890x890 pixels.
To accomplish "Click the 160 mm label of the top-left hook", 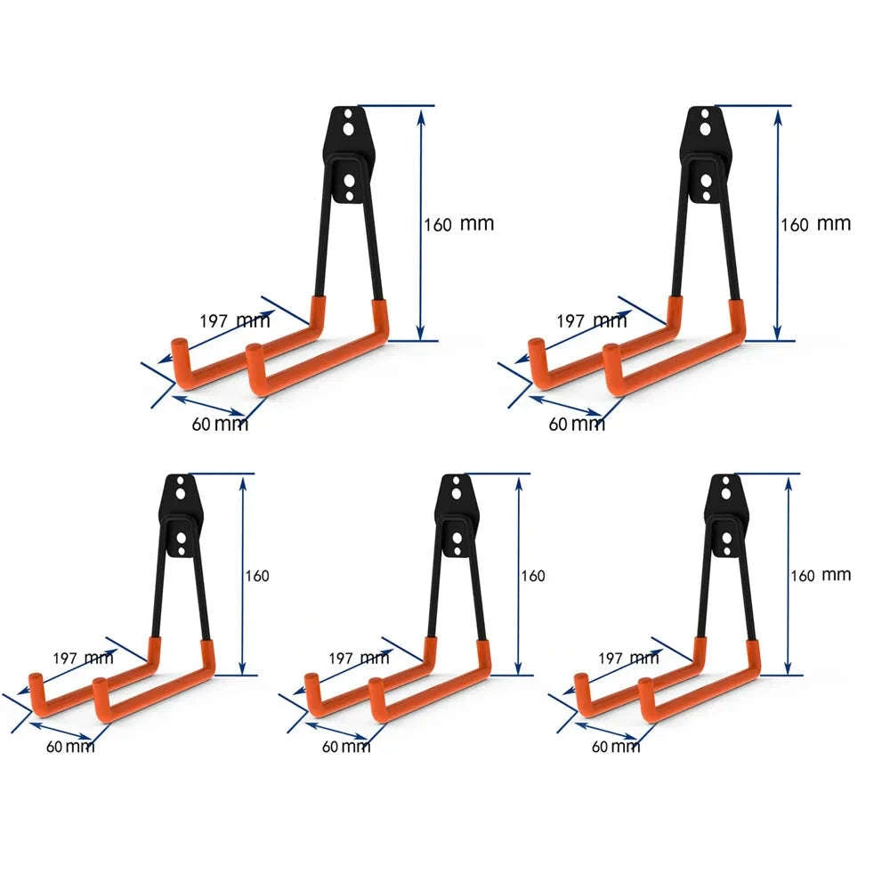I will pos(458,224).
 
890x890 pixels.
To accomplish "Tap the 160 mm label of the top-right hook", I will pos(815,224).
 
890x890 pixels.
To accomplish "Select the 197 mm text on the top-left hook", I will pos(235,321).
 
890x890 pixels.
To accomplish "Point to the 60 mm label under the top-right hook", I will pos(576,425).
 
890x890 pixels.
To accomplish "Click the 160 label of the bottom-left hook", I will pos(256,577).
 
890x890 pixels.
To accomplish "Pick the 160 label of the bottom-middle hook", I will pos(532,577).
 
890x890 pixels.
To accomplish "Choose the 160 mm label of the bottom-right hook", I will pos(820,576).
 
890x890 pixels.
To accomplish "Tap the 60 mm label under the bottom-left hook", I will pos(70,746).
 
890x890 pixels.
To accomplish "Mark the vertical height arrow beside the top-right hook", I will pos(778,222).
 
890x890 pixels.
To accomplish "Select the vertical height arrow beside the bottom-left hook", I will pos(241,574).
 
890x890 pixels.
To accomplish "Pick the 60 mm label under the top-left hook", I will pos(220,425).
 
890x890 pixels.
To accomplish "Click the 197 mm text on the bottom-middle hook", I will pos(352,659).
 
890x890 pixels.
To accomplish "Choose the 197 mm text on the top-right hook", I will pos(591,321).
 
